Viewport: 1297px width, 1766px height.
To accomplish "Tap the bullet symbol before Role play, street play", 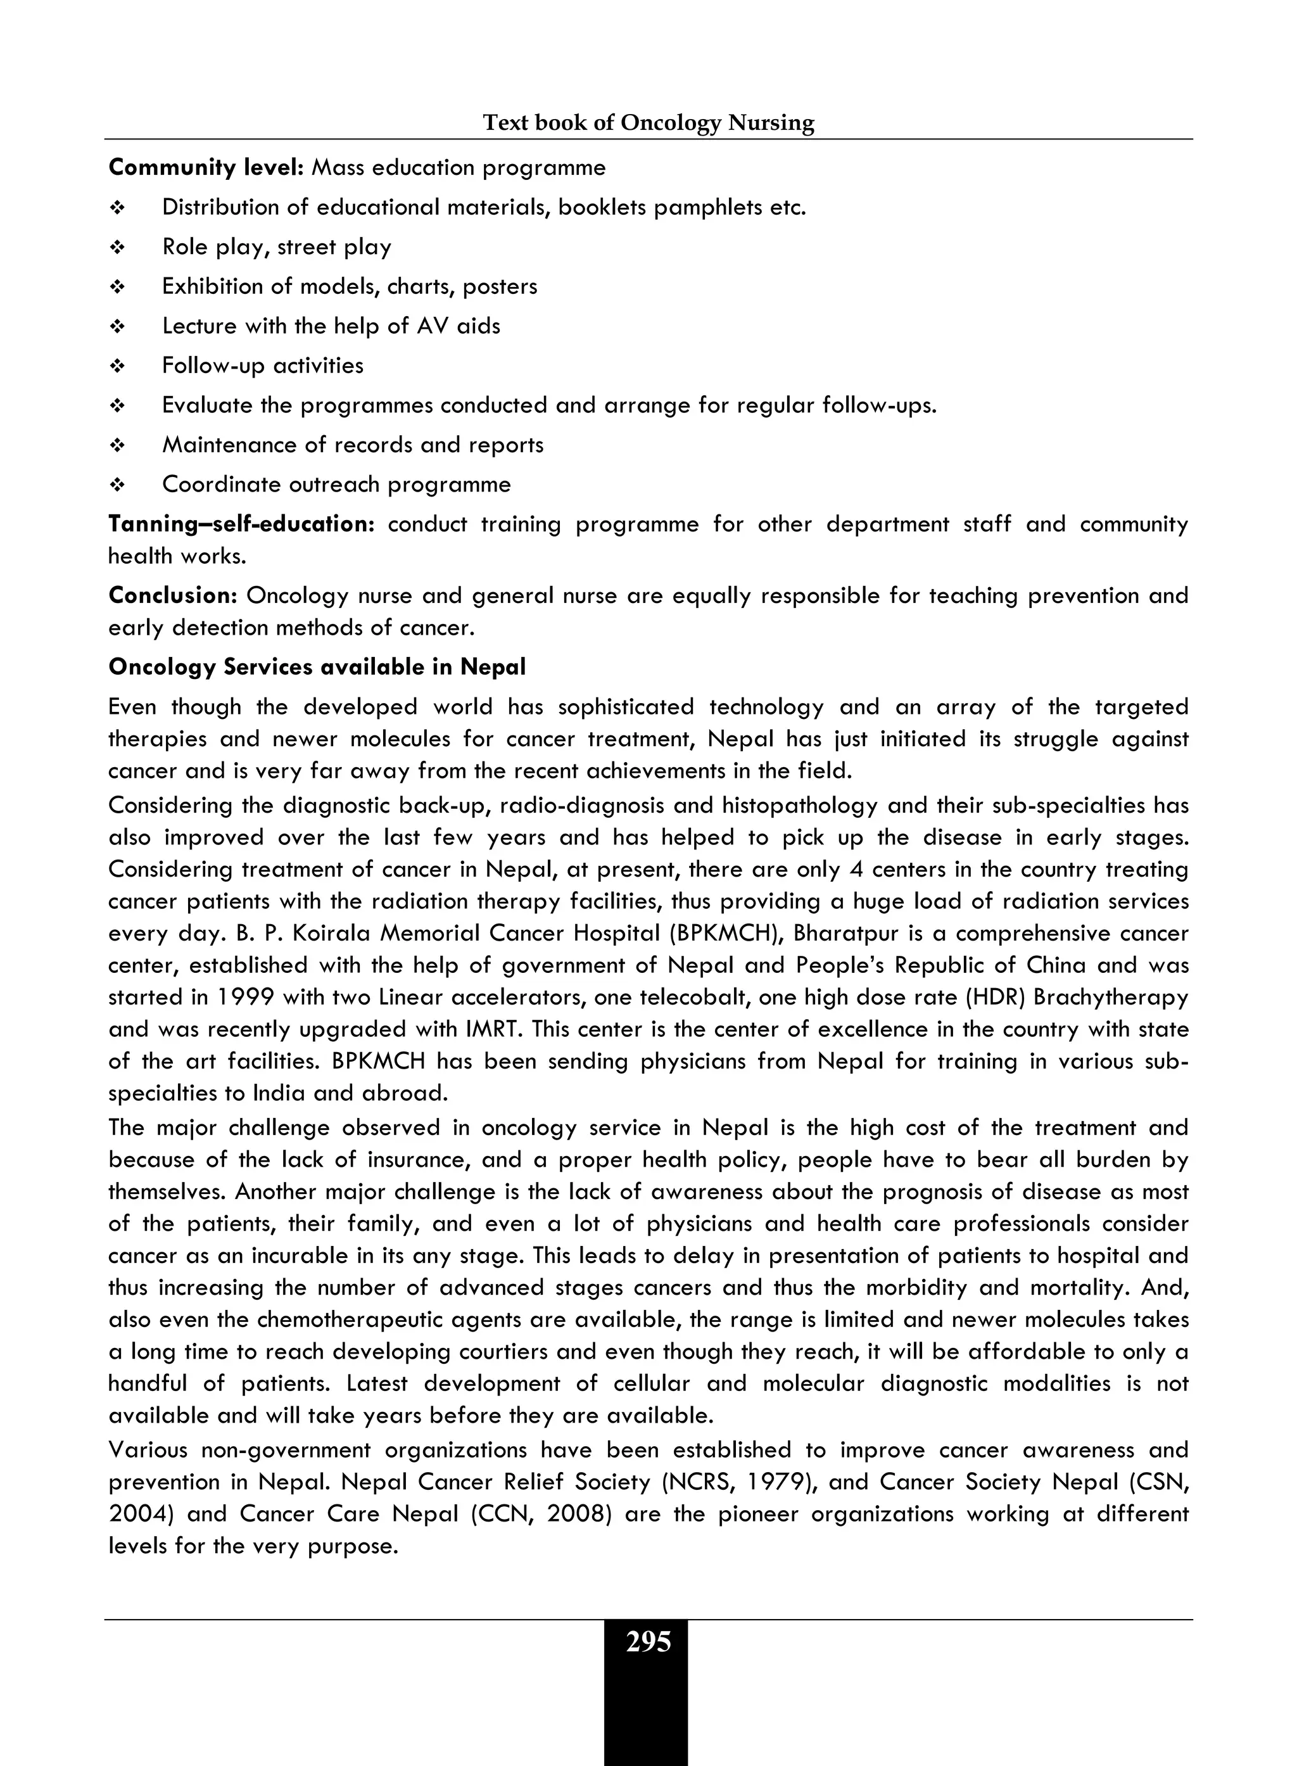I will [x=118, y=247].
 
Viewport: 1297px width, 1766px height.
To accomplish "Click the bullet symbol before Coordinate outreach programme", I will [x=118, y=485].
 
